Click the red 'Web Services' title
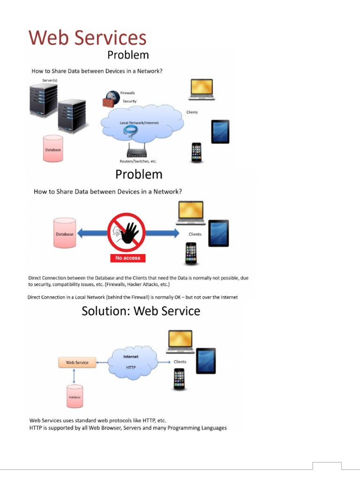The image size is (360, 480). tap(88, 38)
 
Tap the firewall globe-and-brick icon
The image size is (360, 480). tap(110, 98)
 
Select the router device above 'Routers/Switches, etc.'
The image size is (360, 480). tap(137, 152)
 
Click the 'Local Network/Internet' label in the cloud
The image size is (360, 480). tap(139, 123)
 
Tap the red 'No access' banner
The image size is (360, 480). tap(128, 258)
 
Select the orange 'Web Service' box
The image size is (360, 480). tap(77, 362)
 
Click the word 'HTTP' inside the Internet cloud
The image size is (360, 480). tap(131, 367)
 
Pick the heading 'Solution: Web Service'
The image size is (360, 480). tap(141, 311)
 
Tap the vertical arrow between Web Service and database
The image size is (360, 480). tap(74, 376)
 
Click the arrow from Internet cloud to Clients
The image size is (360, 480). tap(163, 362)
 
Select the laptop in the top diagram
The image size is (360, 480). tap(202, 89)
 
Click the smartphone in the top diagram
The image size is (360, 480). tap(196, 153)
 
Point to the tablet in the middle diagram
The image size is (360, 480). tap(218, 233)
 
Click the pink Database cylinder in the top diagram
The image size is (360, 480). tap(52, 148)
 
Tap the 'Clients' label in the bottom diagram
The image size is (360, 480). tap(180, 362)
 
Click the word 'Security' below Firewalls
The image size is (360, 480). tap(129, 101)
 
